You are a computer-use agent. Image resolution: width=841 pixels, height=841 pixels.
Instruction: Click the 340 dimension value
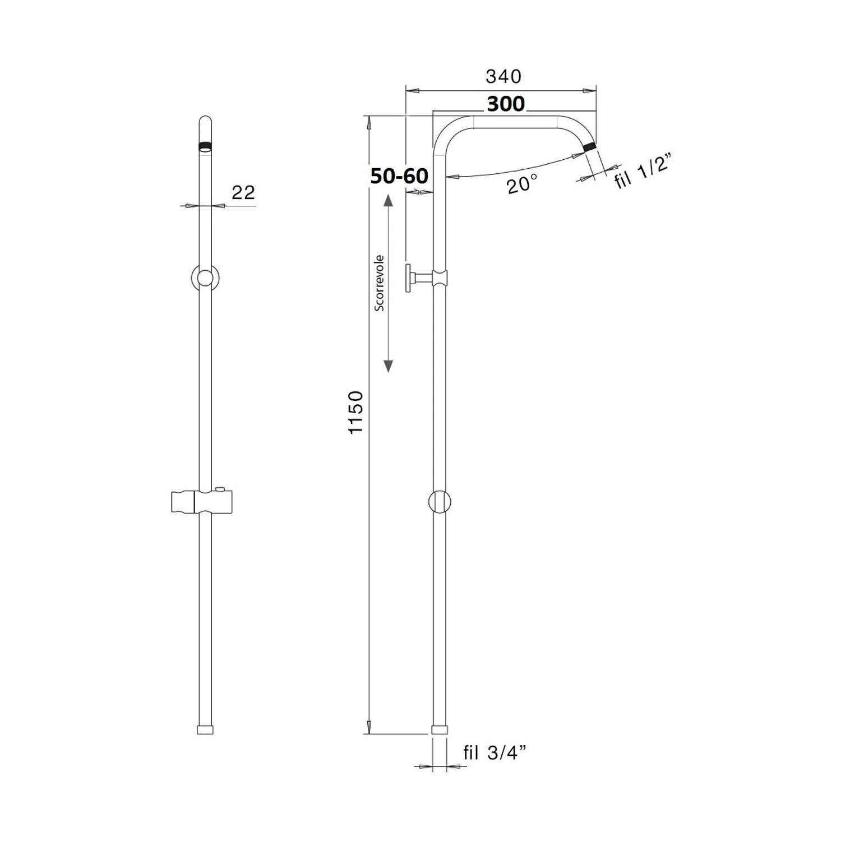pyautogui.click(x=503, y=76)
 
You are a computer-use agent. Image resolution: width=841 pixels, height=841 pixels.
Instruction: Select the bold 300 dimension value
pyautogui.click(x=506, y=104)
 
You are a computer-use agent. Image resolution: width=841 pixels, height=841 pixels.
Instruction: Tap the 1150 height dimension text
pyautogui.click(x=356, y=412)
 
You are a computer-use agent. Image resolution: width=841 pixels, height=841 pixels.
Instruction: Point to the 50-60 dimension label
pyautogui.click(x=399, y=176)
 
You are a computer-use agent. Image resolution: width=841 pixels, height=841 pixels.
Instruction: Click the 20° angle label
pyautogui.click(x=523, y=184)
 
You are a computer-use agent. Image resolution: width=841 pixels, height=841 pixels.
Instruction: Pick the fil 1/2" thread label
pyautogui.click(x=643, y=173)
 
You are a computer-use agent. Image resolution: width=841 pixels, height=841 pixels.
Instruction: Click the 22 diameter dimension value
pyautogui.click(x=243, y=192)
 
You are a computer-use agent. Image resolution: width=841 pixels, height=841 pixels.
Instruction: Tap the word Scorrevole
pyautogui.click(x=380, y=283)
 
